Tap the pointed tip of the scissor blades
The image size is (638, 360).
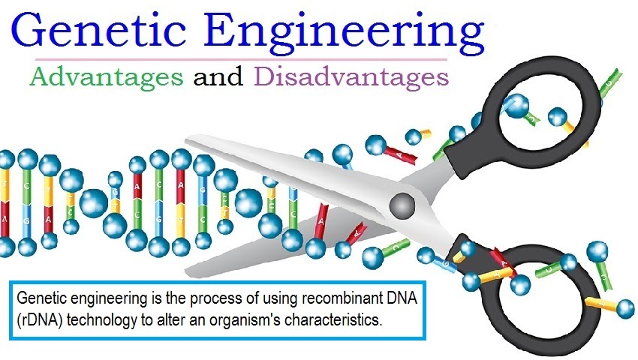tap(188, 139)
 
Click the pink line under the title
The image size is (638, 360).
tap(240, 58)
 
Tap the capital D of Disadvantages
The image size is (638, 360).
tap(265, 76)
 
